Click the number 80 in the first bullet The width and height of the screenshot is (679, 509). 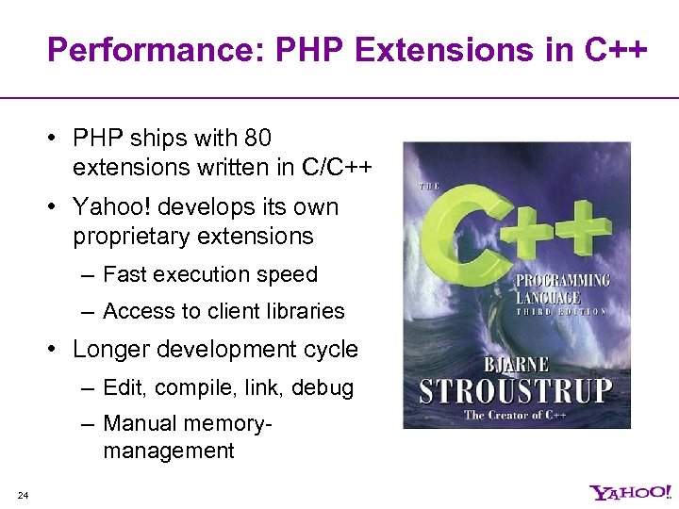point(257,139)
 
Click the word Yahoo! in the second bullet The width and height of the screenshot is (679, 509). point(108,206)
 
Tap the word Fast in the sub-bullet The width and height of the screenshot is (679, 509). point(124,274)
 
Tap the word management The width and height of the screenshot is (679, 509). point(169,452)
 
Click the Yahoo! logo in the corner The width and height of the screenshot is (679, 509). point(629,492)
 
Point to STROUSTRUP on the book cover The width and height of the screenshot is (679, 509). point(516,390)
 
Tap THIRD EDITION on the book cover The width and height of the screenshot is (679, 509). point(562,312)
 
